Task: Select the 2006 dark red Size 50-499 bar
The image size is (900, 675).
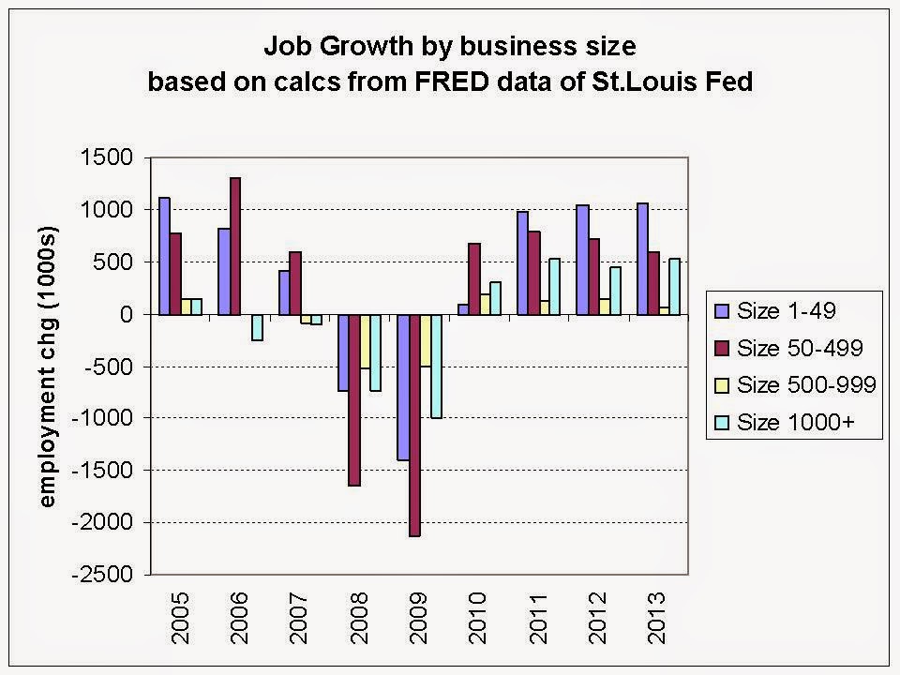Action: pyautogui.click(x=234, y=246)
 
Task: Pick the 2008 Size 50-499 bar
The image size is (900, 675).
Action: pyautogui.click(x=354, y=399)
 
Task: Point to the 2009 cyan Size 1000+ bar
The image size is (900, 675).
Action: pyautogui.click(x=436, y=366)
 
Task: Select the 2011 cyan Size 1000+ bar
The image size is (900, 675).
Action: pyautogui.click(x=555, y=286)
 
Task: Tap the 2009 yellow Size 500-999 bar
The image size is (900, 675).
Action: pyautogui.click(x=425, y=340)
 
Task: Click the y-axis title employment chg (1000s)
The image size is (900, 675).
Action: pyautogui.click(x=48, y=366)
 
